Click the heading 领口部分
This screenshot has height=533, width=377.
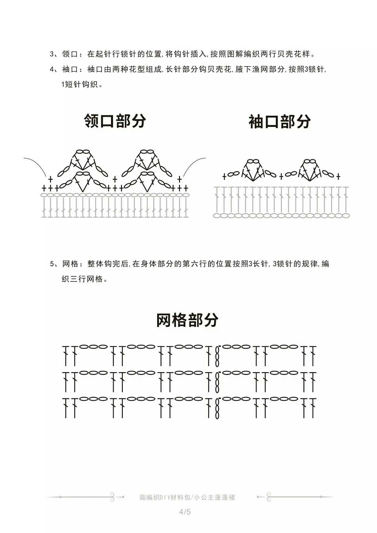tap(115, 121)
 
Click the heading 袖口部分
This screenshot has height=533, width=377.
tap(280, 122)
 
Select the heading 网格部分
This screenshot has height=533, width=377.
tap(187, 320)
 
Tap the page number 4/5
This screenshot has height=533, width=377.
tap(185, 512)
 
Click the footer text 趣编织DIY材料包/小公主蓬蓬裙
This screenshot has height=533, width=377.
tap(187, 497)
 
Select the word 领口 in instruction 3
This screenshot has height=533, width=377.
tap(70, 54)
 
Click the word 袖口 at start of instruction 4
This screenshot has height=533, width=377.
tap(70, 69)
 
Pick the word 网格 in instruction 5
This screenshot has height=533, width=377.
tap(70, 264)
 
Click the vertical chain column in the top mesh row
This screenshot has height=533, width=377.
tap(217, 356)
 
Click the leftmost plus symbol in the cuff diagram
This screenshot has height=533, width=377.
tap(224, 176)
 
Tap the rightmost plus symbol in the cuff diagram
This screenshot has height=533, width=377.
tap(338, 176)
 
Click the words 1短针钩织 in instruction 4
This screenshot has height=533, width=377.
tap(80, 85)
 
